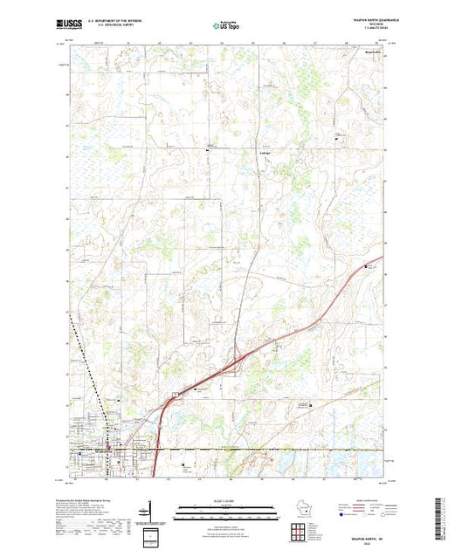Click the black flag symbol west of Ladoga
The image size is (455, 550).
tap(206, 151)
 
